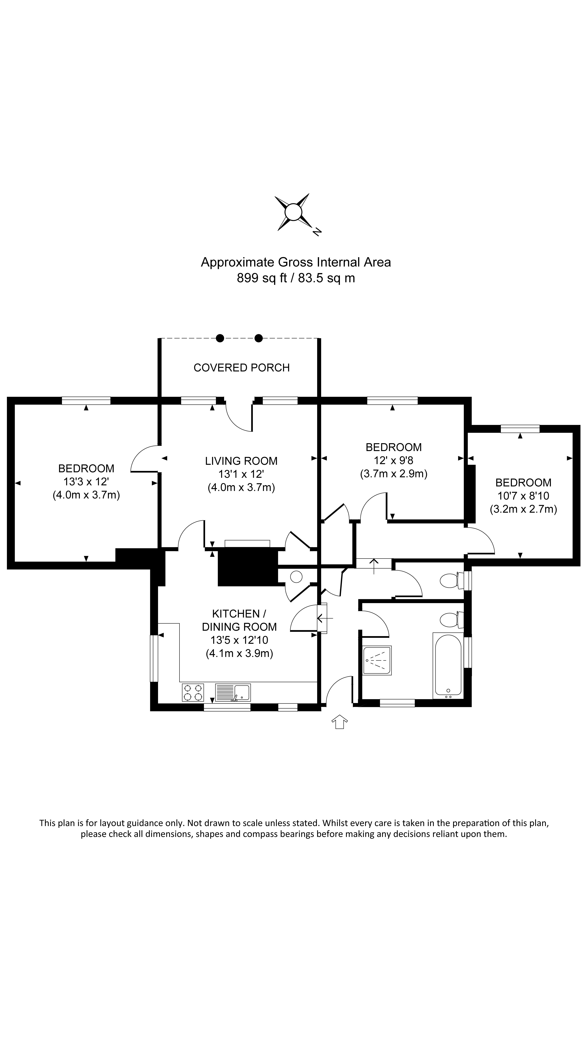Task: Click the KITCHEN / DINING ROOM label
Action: pyautogui.click(x=239, y=620)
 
